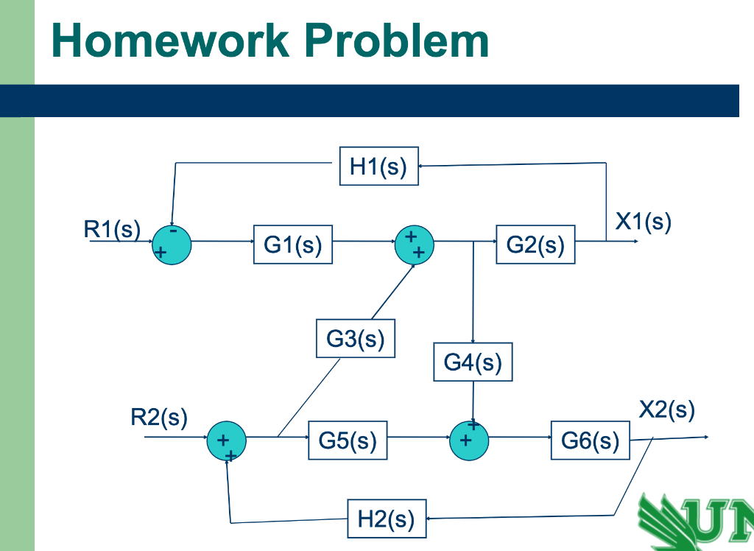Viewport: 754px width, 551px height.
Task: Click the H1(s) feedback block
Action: coord(378,166)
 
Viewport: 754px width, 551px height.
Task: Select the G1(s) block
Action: coord(293,245)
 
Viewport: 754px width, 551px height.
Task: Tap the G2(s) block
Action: coord(535,245)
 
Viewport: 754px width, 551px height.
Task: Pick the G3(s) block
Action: coord(356,339)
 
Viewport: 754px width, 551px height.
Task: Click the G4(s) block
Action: coord(473,362)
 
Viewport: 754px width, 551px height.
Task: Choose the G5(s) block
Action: coord(348,441)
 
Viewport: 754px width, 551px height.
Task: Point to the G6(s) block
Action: coord(591,441)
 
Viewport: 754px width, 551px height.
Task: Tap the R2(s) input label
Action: coord(159,418)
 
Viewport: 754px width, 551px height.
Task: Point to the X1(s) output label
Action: coord(644,222)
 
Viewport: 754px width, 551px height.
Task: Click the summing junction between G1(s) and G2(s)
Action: coord(415,244)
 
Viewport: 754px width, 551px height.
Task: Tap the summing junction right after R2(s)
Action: coord(226,441)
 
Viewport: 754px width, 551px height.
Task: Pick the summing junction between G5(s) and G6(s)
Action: coord(469,440)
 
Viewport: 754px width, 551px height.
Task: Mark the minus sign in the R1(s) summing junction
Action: coord(172,231)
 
